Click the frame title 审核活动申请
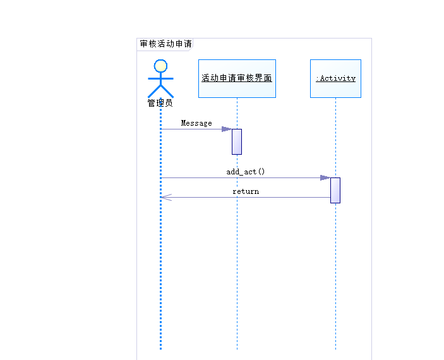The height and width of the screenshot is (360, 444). pyautogui.click(x=165, y=44)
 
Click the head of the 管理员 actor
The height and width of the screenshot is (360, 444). pyautogui.click(x=160, y=66)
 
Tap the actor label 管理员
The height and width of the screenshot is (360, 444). pyautogui.click(x=160, y=103)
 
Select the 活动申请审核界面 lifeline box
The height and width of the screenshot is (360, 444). pyautogui.click(x=237, y=78)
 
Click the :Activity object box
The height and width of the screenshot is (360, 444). pyautogui.click(x=335, y=78)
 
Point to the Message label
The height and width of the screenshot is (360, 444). pyautogui.click(x=196, y=123)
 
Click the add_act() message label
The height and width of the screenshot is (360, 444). pyautogui.click(x=246, y=172)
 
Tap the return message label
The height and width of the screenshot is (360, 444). pyautogui.click(x=246, y=191)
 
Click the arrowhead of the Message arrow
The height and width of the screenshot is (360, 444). pyautogui.click(x=226, y=129)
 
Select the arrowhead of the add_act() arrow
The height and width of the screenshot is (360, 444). pyautogui.click(x=325, y=178)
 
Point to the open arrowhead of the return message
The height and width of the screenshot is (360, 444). pyautogui.click(x=165, y=198)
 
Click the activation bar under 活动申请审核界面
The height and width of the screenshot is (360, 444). pyautogui.click(x=237, y=141)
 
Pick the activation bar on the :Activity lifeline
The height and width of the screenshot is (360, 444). pyautogui.click(x=335, y=190)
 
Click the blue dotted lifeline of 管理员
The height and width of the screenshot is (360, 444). pyautogui.click(x=160, y=272)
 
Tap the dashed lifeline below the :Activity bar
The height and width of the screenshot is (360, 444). pyautogui.click(x=335, y=278)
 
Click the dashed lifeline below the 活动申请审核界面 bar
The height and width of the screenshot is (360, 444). pyautogui.click(x=237, y=253)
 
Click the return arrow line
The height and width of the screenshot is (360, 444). pyautogui.click(x=253, y=198)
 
